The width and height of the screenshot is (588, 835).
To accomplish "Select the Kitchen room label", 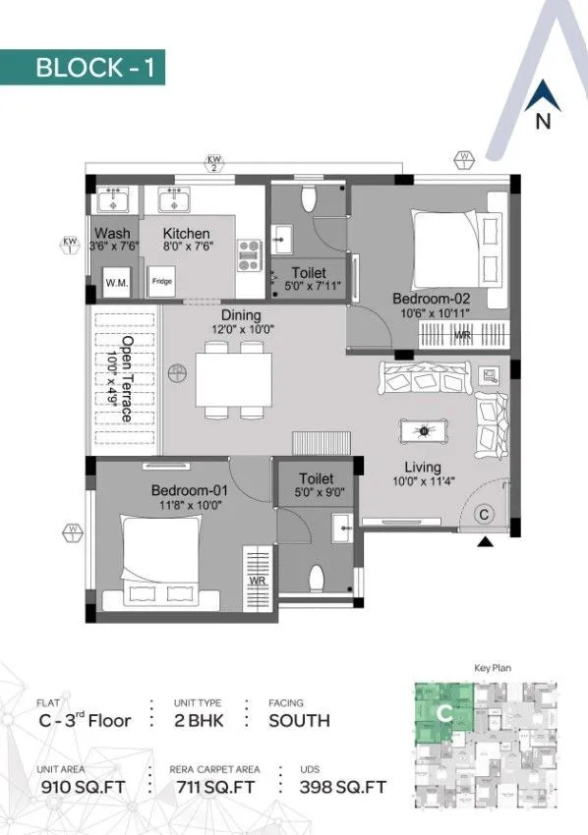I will (186, 234).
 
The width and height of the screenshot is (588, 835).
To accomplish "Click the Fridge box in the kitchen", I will (162, 281).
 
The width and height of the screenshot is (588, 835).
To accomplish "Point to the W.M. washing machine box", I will (116, 282).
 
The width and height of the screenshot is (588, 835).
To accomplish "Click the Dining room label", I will (241, 315).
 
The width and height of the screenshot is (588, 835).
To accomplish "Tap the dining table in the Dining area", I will (234, 378).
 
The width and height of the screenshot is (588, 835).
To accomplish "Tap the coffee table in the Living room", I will (425, 430).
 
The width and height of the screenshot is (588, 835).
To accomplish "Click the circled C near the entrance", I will (485, 513).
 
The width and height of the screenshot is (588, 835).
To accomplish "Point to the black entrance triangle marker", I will (485, 542).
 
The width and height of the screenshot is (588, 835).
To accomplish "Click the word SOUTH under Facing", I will (299, 720).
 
